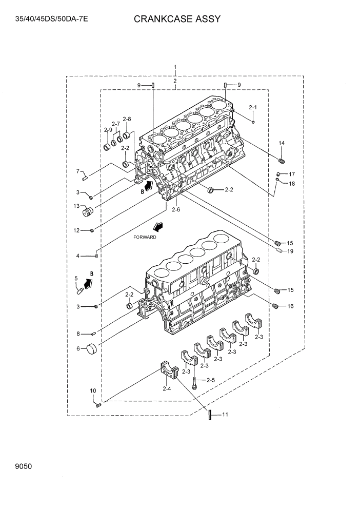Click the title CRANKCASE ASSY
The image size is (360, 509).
(177, 19)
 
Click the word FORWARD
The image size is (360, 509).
(145, 237)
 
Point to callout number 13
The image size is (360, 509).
(76, 206)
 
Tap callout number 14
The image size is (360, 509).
(281, 143)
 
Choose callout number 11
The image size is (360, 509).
(225, 415)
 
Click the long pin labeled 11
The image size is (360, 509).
(210, 415)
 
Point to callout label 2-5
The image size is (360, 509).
(211, 380)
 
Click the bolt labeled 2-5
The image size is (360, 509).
(195, 383)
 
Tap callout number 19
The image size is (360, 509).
(290, 251)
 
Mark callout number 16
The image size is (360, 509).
(290, 306)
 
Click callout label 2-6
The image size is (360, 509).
(176, 209)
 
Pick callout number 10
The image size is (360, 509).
(93, 391)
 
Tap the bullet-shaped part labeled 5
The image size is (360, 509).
(80, 290)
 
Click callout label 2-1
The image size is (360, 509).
(252, 107)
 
